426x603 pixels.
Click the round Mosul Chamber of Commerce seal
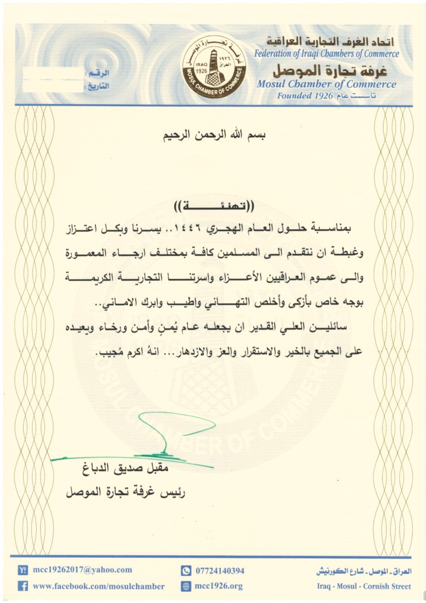(214, 67)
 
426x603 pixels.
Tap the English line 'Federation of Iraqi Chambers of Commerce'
(326, 54)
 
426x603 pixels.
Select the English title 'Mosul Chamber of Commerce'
(326, 84)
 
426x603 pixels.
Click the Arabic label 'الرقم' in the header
(98, 75)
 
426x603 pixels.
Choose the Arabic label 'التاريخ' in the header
(96, 86)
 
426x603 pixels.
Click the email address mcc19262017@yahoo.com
(83, 570)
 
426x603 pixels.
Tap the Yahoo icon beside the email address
(23, 570)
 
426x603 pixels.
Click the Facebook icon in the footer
(23, 586)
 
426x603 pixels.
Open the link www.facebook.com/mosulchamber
(99, 586)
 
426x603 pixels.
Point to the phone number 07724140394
(220, 571)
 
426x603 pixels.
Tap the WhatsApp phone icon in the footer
(186, 571)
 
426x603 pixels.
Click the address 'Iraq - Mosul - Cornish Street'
(364, 586)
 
